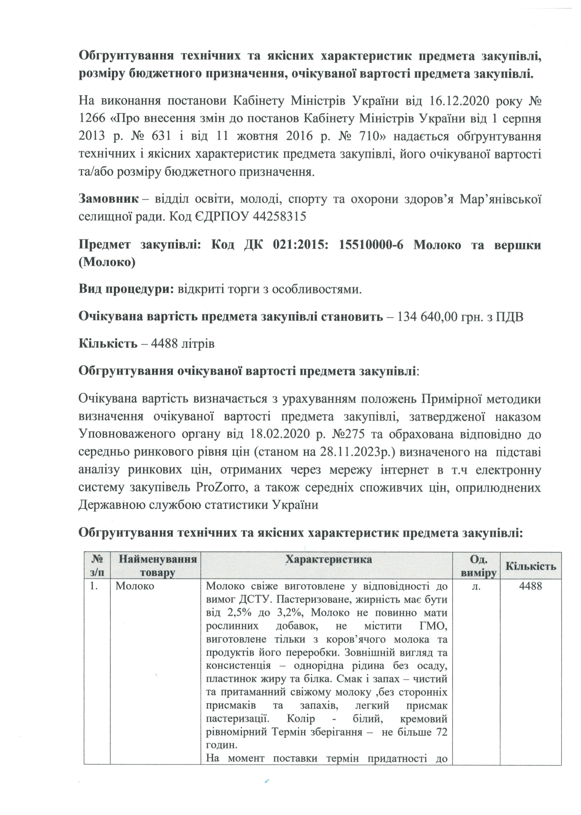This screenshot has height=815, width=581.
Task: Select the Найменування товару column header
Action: click(x=157, y=566)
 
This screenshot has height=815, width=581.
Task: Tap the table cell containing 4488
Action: click(x=531, y=586)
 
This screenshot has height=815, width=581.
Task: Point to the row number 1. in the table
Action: click(x=94, y=586)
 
